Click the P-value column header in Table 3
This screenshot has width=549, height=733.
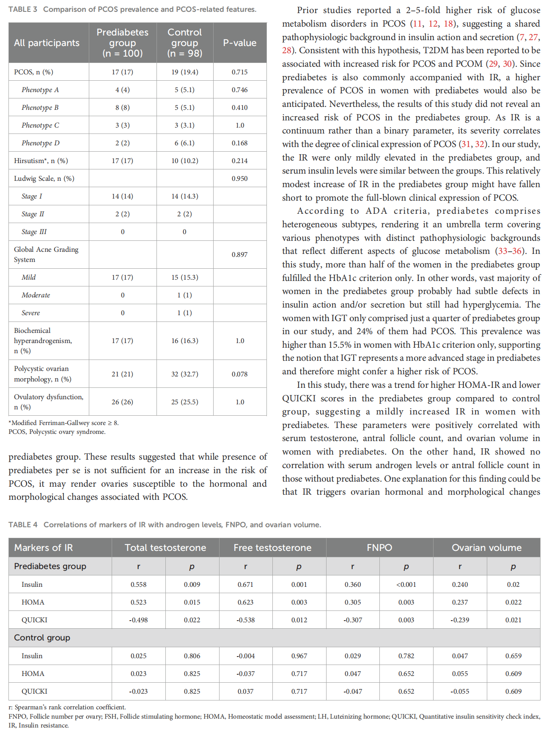point(239,43)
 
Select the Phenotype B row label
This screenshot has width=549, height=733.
point(40,107)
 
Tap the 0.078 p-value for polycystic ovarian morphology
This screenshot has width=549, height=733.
point(239,374)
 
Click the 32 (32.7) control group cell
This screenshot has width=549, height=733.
point(184,374)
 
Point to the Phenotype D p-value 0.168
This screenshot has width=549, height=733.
point(239,143)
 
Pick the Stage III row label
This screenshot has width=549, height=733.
point(34,232)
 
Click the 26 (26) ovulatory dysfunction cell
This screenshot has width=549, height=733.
point(122,402)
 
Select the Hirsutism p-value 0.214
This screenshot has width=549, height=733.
point(239,161)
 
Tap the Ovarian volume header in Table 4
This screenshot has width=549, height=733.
point(486,548)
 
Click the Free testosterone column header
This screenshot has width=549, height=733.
point(272,548)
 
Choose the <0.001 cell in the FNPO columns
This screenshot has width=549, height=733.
point(406,584)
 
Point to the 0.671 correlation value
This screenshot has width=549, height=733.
point(245,584)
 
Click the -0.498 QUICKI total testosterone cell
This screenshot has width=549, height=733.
point(138,620)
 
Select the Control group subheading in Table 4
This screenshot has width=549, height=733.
point(42,638)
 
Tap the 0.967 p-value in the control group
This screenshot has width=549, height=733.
point(299,656)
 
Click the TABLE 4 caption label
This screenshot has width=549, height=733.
point(23,525)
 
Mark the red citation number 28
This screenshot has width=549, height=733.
point(287,50)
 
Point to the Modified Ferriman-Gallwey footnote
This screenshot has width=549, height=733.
point(63,422)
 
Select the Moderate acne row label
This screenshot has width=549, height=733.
point(36,295)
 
